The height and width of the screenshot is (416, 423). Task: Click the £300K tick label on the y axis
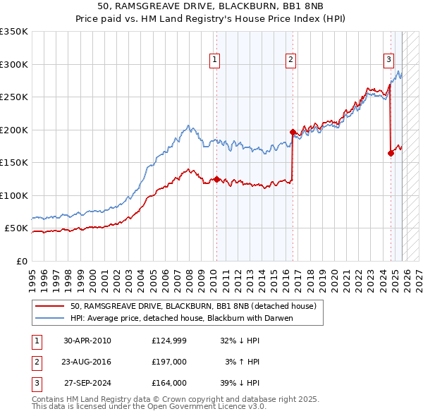click(14, 64)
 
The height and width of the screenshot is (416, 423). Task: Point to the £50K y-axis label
click(16, 228)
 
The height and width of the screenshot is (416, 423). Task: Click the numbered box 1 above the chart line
click(214, 61)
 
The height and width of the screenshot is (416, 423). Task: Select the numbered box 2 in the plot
click(290, 61)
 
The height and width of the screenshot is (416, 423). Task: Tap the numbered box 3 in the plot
click(388, 61)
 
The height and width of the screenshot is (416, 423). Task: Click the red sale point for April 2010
click(216, 179)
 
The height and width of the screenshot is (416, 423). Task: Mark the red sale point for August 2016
click(293, 132)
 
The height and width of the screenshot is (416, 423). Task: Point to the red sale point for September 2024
click(391, 153)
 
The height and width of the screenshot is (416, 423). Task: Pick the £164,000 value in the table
click(169, 383)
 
